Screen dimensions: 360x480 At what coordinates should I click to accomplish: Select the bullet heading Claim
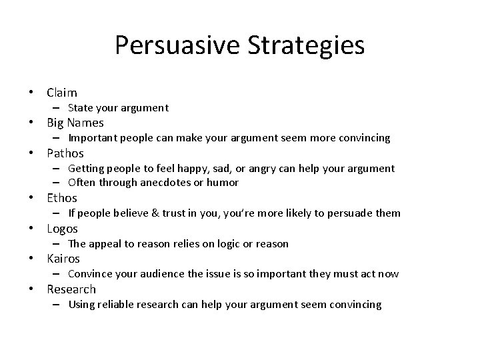click(62, 93)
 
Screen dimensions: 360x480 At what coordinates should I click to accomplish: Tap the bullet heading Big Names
click(75, 123)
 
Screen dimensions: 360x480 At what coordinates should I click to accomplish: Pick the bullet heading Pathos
click(65, 153)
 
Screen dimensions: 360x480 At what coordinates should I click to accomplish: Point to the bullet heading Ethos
click(62, 198)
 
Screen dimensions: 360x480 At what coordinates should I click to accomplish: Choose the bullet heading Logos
click(62, 229)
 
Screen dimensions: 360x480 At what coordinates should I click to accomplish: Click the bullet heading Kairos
click(63, 259)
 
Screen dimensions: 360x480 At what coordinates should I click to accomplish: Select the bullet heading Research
click(71, 289)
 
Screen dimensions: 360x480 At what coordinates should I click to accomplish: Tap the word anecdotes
click(175, 183)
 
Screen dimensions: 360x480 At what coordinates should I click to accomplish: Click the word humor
click(224, 183)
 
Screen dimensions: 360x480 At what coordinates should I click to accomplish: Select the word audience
click(183, 274)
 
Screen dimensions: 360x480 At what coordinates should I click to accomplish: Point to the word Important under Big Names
click(91, 138)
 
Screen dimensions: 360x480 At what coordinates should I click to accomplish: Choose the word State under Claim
click(80, 108)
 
